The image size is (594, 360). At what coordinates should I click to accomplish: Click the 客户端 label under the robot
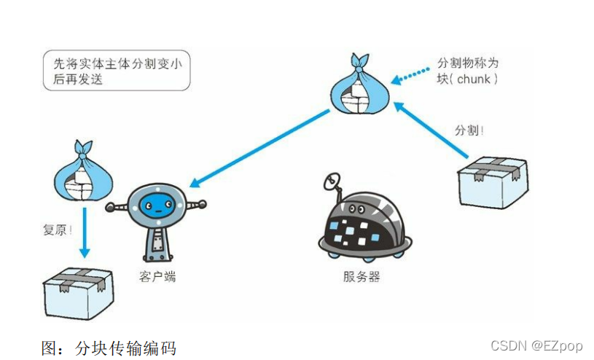point(157,276)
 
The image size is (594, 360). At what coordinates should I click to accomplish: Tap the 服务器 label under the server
point(362,277)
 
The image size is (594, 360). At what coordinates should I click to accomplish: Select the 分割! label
point(469,131)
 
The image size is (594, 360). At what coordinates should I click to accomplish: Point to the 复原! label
point(57,230)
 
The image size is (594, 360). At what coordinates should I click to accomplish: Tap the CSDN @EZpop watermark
point(536,345)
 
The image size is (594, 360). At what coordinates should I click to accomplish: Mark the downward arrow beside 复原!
point(84,232)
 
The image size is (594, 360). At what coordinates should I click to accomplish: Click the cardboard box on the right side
point(493,182)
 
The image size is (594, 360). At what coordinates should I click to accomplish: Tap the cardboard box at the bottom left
point(78,291)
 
